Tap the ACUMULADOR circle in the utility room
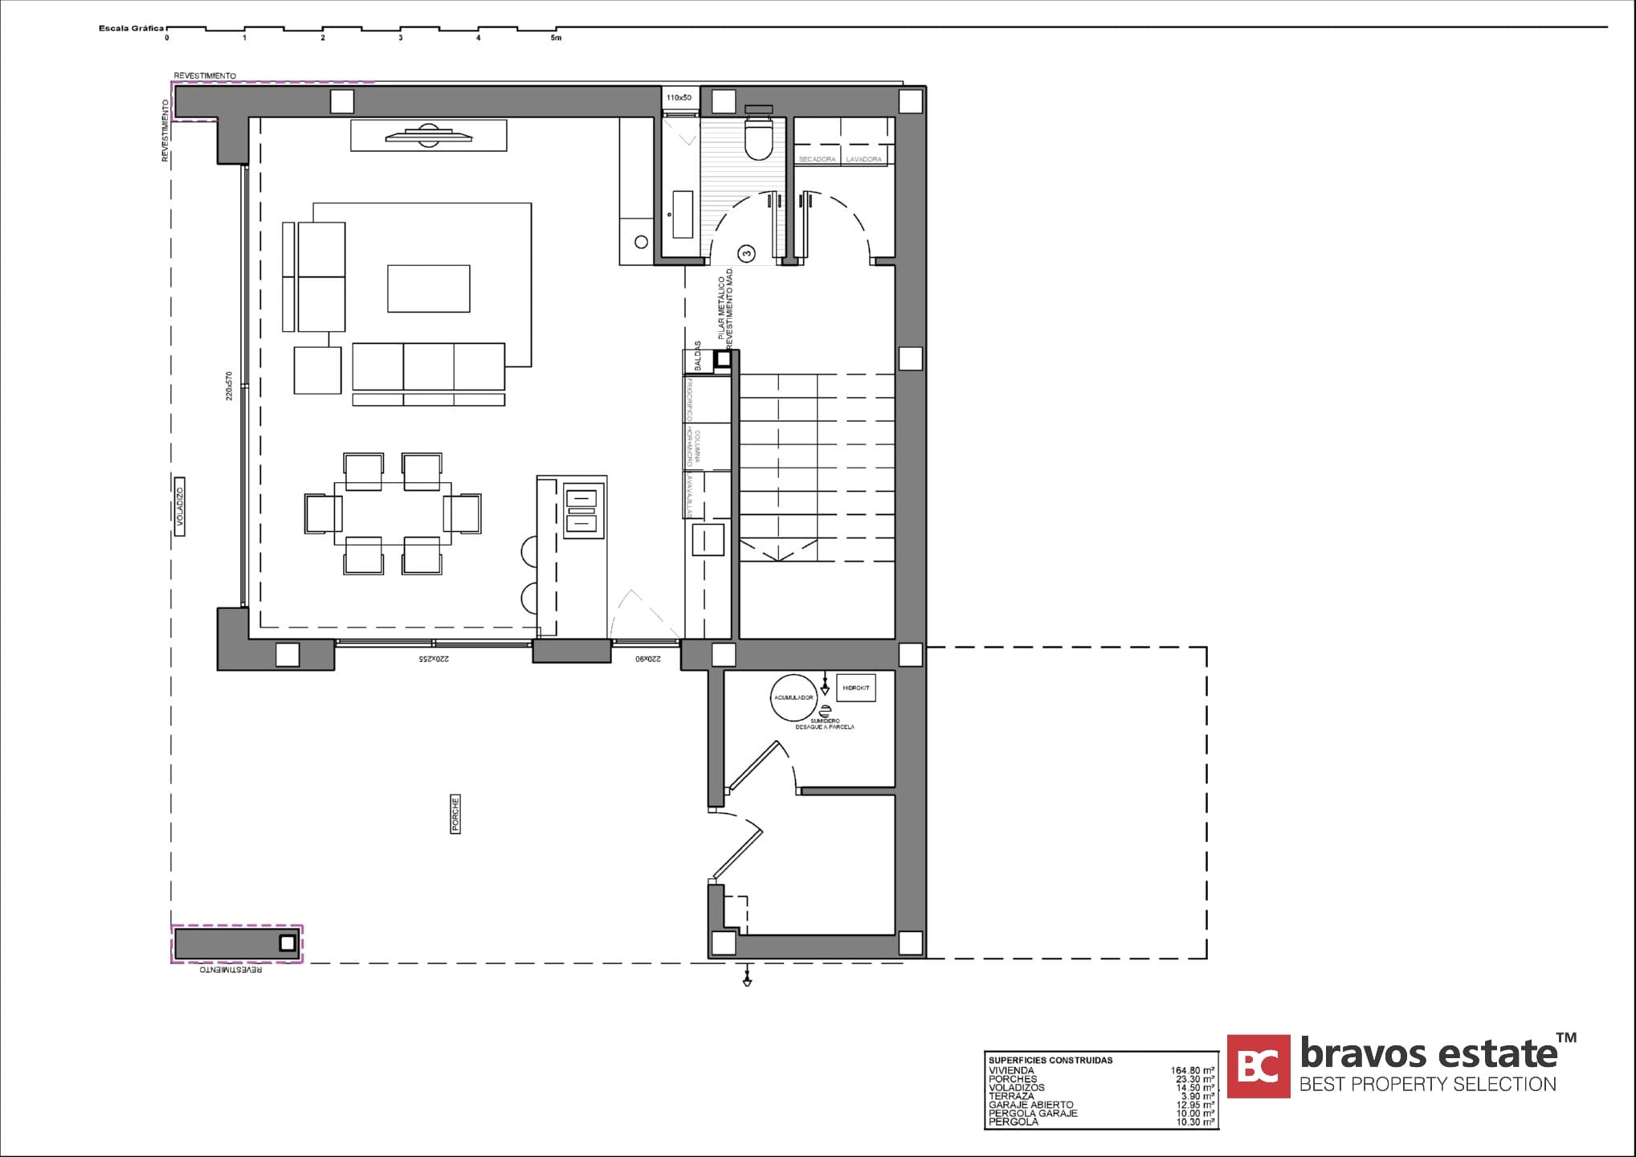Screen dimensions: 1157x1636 [x=794, y=697]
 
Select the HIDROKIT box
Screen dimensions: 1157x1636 [x=856, y=689]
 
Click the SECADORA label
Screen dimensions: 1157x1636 [x=817, y=159]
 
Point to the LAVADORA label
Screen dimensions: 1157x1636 [x=864, y=159]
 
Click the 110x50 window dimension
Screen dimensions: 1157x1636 [x=679, y=98]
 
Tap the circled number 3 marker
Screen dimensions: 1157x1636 [x=747, y=255]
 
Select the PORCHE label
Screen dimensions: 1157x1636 [x=455, y=814]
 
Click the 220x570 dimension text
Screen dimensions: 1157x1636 [x=229, y=386]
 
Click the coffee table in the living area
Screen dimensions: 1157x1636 [x=429, y=288]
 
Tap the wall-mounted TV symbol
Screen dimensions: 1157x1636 [x=428, y=135]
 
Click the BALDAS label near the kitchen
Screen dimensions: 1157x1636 [x=698, y=357]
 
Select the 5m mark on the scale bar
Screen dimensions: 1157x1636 [x=556, y=38]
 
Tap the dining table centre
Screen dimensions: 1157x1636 [x=393, y=513]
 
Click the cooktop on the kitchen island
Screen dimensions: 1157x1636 [x=582, y=511]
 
